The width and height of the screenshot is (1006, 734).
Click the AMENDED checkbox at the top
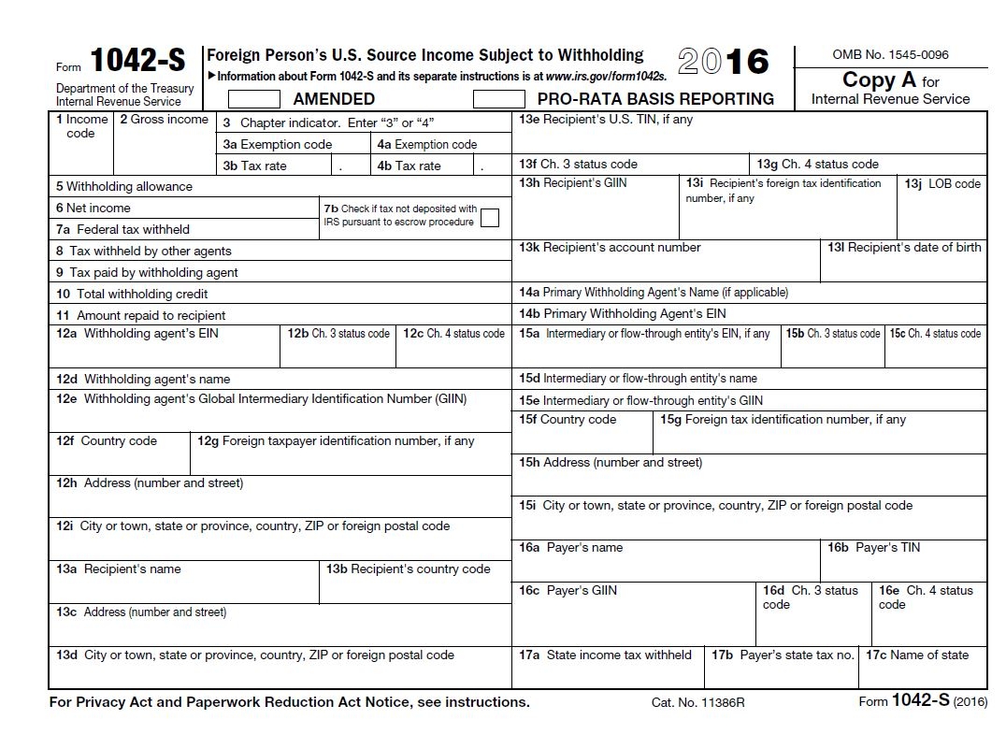254,98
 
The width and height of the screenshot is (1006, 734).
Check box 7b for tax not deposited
489,218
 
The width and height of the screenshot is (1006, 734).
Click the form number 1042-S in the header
137,62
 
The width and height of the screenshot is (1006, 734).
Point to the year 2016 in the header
723,62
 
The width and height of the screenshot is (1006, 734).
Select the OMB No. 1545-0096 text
890,55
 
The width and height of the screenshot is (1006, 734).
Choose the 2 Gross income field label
163,120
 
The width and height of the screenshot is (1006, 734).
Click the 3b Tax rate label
254,166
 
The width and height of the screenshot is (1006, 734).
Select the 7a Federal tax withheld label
122,229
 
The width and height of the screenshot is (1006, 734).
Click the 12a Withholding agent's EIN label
137,333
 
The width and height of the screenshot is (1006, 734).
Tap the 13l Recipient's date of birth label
903,248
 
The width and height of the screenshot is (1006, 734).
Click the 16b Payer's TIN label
873,548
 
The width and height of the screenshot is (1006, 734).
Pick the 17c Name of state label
916,655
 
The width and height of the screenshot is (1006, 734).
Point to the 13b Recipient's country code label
408,569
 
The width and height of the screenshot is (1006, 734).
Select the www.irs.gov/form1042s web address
606,77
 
